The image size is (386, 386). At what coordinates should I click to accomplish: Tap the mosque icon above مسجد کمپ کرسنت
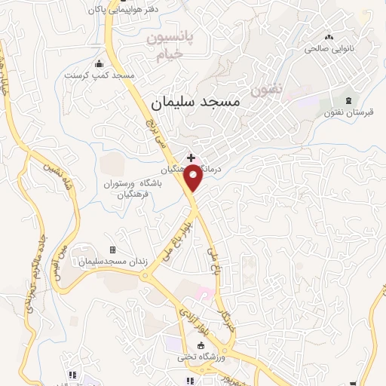coord(100,63)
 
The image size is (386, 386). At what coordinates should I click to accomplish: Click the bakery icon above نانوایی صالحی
coord(327,36)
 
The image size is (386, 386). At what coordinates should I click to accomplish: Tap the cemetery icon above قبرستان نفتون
coord(348,100)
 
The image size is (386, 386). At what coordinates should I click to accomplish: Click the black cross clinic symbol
coord(191,157)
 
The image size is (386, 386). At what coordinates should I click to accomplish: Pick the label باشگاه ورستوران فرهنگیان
coord(139,188)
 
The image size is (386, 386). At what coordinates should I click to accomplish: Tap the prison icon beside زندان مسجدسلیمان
coord(113,250)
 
